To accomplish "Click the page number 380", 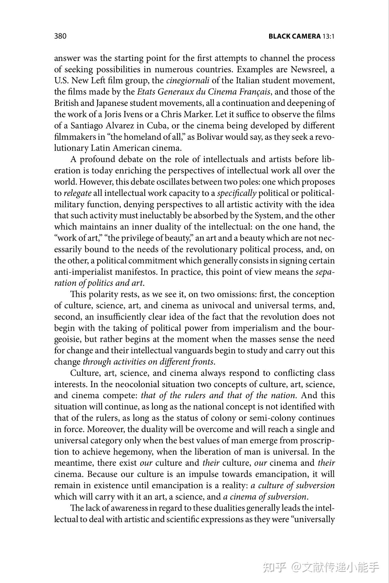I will click(60, 36).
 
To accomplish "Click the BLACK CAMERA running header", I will click(294, 36).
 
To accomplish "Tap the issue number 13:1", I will click(328, 36).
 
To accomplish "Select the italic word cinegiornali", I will click(188, 81).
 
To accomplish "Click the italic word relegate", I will click(77, 193).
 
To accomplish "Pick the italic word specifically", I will click(237, 193).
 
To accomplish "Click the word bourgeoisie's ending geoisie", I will click(67, 339).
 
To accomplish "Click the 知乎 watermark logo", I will click(275, 567).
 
